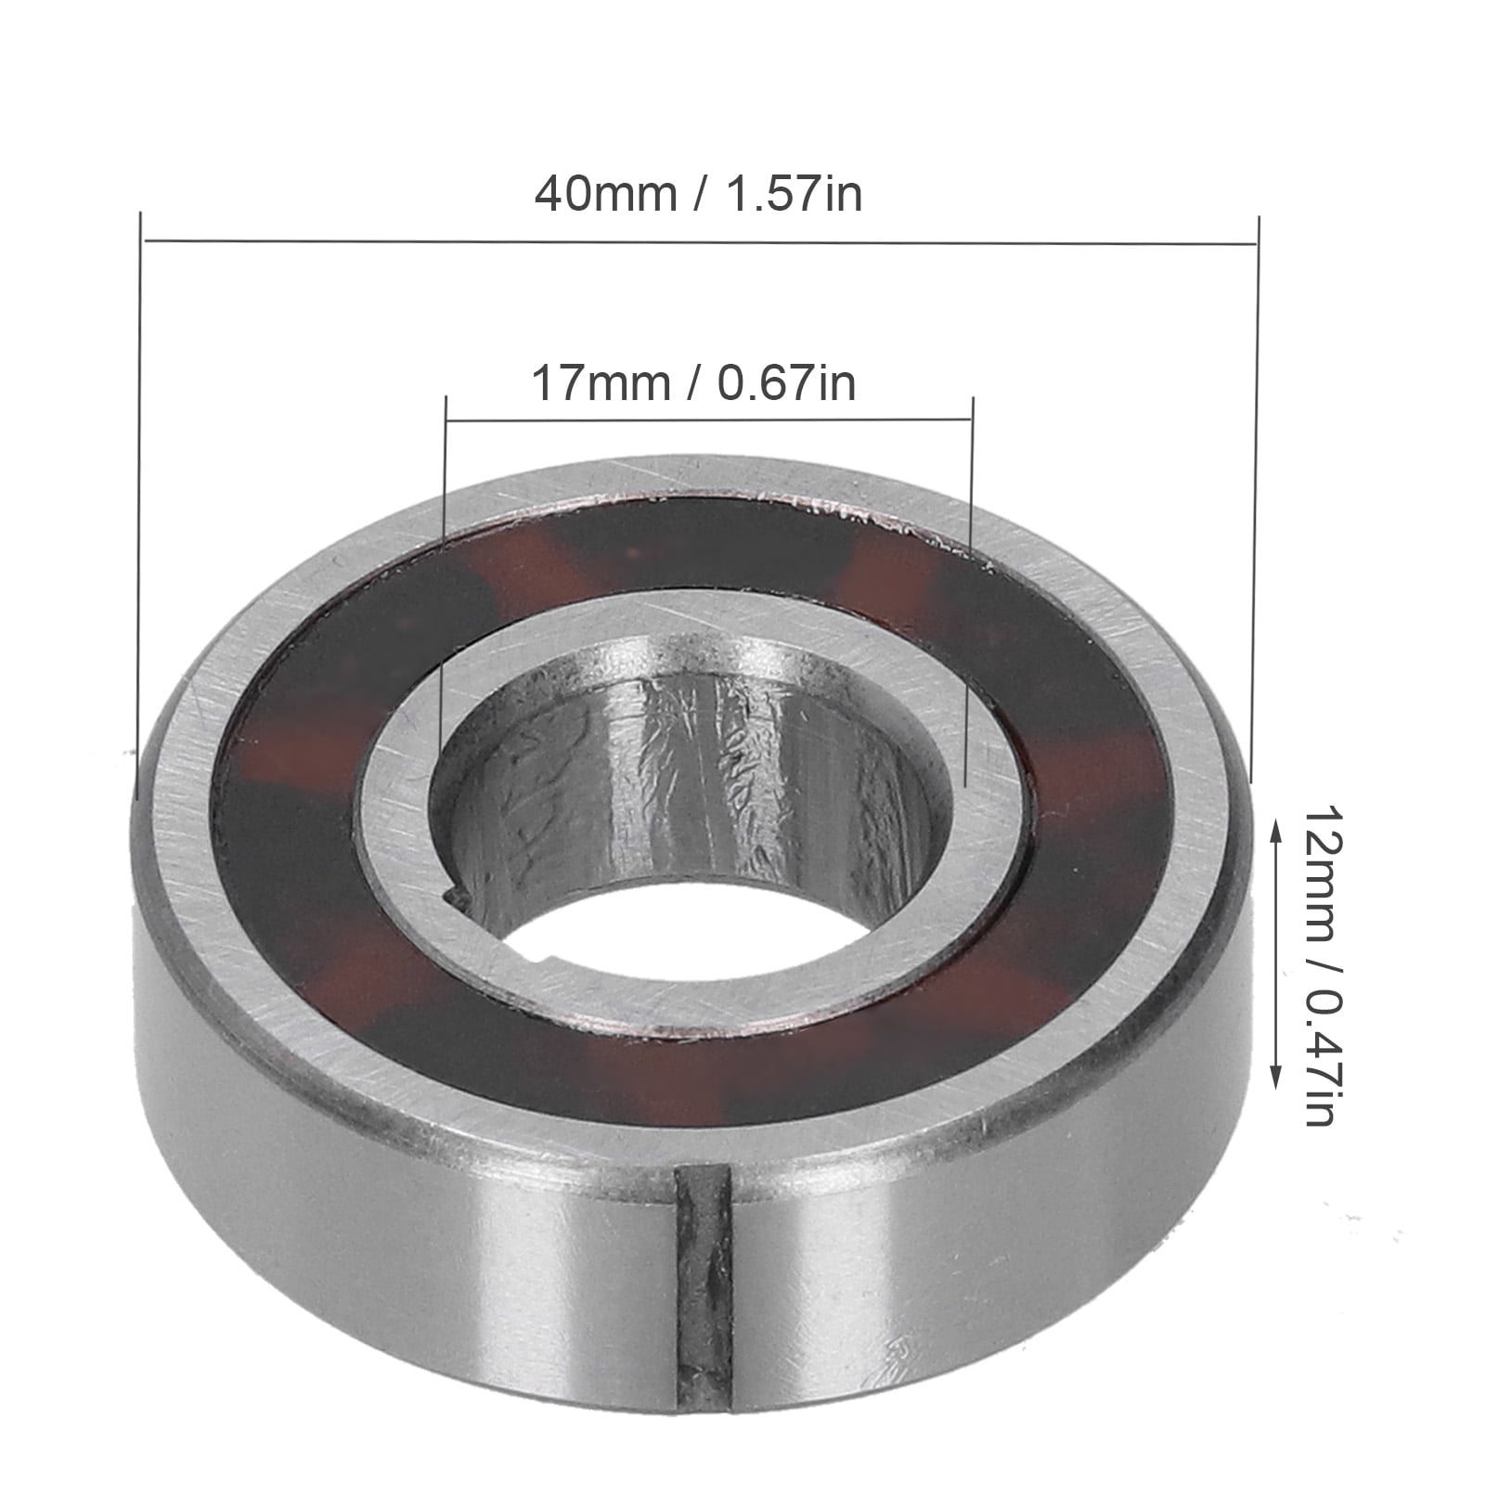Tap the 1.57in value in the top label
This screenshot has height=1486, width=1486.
pyautogui.click(x=795, y=196)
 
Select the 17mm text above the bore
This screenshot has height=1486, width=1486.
pyautogui.click(x=600, y=383)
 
